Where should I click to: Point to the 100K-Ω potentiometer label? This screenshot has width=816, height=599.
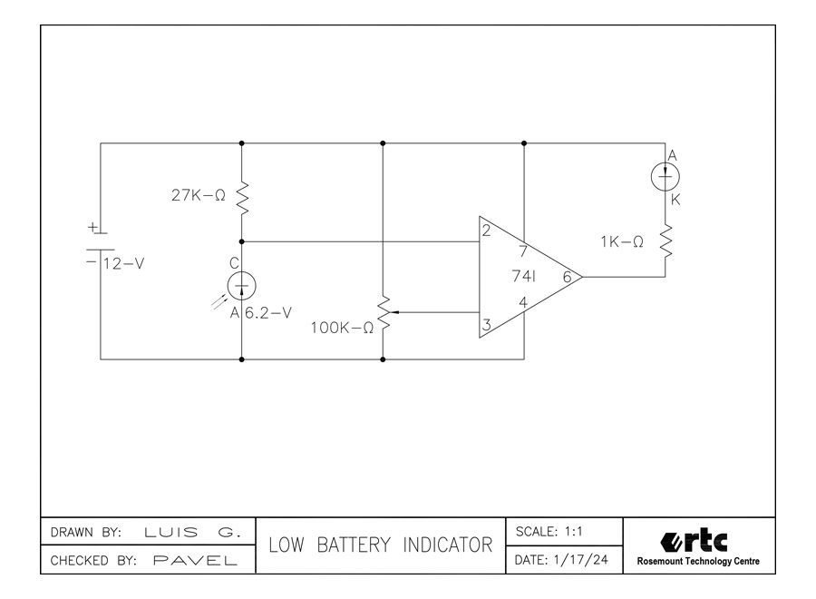[341, 327]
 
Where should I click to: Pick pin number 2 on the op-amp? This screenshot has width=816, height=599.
[487, 230]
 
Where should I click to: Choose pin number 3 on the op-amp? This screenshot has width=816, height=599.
[487, 325]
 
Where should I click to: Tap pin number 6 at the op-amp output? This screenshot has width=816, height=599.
[567, 278]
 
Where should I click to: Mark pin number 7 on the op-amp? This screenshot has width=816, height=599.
[524, 251]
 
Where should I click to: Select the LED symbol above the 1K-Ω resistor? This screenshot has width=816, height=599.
[666, 178]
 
